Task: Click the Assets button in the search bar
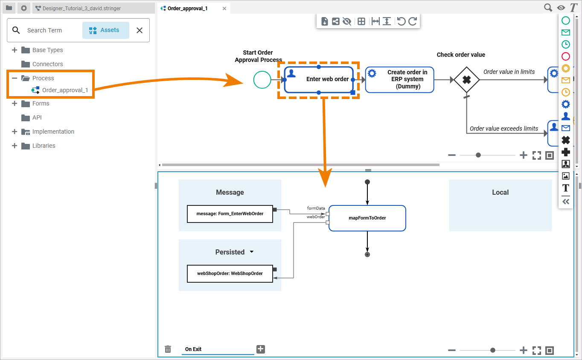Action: click(105, 30)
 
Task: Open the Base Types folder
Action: click(47, 50)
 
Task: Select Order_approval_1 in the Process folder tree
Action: click(65, 90)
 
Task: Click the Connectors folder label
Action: click(47, 64)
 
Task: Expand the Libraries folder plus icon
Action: click(15, 145)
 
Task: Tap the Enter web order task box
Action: click(319, 79)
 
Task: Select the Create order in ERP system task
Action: click(399, 79)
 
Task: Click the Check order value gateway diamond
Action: click(466, 79)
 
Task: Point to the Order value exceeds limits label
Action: click(503, 129)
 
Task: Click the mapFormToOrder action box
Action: click(367, 218)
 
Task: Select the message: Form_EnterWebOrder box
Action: click(230, 214)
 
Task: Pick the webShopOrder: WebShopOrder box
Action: click(230, 273)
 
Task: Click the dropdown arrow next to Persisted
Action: click(251, 252)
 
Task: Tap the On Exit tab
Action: click(193, 349)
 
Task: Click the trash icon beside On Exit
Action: click(168, 349)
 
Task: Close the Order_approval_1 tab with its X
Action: click(224, 9)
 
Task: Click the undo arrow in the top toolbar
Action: click(401, 21)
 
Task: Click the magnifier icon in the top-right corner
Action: click(548, 8)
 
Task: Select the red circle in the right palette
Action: click(566, 56)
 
